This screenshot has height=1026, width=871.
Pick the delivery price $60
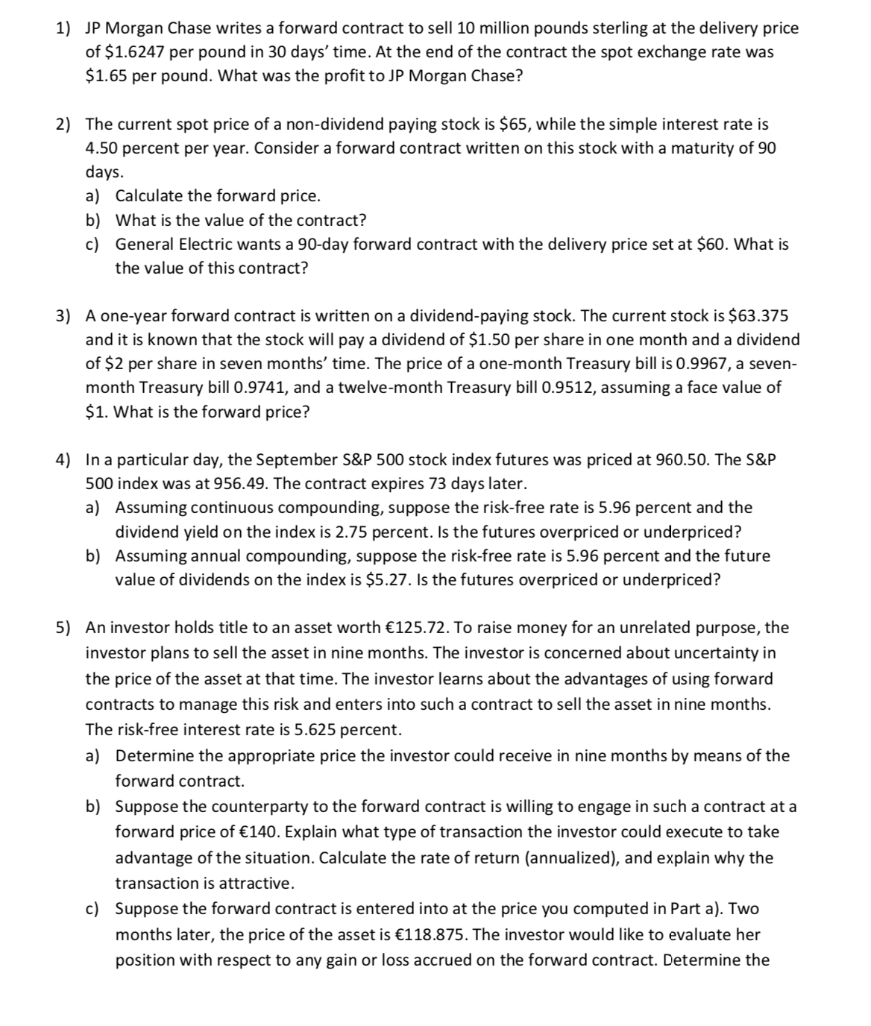[x=705, y=244]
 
